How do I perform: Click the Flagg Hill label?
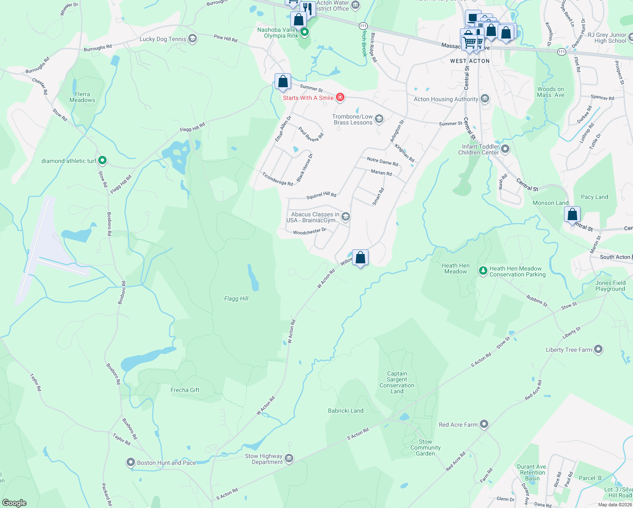point(236,298)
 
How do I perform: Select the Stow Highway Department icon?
point(289,458)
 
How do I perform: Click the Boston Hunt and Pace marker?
point(131,462)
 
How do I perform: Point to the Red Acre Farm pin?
point(484,424)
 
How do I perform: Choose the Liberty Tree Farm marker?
point(598,349)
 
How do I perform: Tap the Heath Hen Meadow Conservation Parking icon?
point(483,271)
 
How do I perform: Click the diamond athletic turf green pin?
point(102,161)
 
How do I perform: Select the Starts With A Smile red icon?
point(340,98)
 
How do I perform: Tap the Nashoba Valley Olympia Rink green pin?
point(304,32)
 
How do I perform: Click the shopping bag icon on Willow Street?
point(360,257)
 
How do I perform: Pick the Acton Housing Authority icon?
point(485,99)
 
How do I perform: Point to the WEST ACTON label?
point(470,61)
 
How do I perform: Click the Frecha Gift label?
point(185,390)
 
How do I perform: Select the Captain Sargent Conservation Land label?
point(397,382)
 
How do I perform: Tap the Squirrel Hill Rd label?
point(321,195)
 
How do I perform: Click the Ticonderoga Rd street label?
point(278,179)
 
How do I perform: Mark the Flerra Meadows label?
point(82,97)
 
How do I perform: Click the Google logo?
point(14,502)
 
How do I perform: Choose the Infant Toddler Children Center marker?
point(505,149)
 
